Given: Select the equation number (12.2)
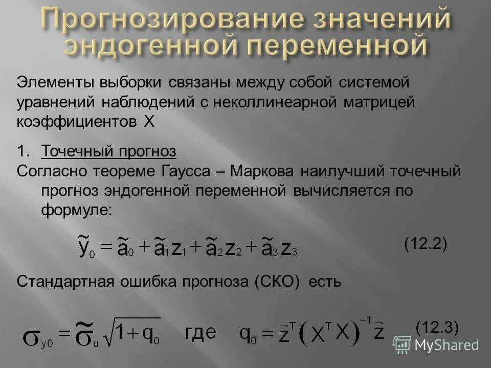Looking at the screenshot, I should [426, 244].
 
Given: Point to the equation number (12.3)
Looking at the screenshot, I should [437, 326].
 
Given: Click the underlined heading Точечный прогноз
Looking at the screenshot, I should [108, 151].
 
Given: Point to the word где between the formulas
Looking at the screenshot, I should [200, 333].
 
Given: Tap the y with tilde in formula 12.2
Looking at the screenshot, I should [85, 246].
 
